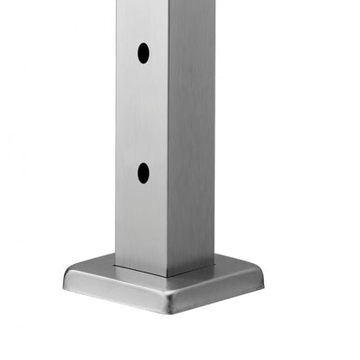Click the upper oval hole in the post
tap(143, 54)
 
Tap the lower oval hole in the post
tap(143, 173)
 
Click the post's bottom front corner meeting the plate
tap(167, 276)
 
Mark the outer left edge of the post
tap(116, 130)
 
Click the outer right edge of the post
tap(214, 130)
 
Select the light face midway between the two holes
tap(143, 112)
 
